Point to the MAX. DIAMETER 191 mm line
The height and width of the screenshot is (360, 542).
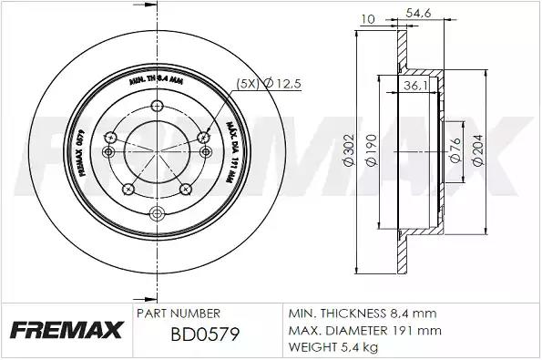click(x=364, y=329)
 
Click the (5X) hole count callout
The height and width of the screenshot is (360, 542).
click(x=248, y=83)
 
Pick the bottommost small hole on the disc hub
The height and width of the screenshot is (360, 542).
click(x=157, y=212)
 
